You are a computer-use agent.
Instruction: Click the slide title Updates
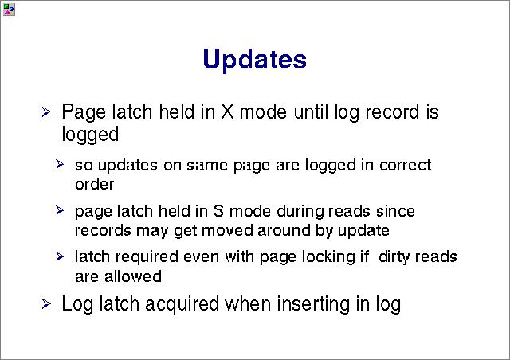pyautogui.click(x=254, y=59)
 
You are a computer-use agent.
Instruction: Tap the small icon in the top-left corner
pyautogui.click(x=8, y=9)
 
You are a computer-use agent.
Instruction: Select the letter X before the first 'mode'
pyautogui.click(x=227, y=112)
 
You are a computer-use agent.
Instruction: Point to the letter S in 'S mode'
pyautogui.click(x=218, y=211)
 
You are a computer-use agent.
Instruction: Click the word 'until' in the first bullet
pyautogui.click(x=311, y=112)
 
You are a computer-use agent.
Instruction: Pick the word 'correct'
pyautogui.click(x=406, y=165)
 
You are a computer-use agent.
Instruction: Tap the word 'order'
pyautogui.click(x=94, y=185)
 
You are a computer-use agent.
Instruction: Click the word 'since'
pyautogui.click(x=395, y=211)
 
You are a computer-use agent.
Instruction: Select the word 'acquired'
pyautogui.click(x=182, y=304)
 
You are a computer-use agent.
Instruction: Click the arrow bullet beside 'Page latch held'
pyautogui.click(x=46, y=112)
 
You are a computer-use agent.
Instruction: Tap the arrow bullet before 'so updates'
pyautogui.click(x=60, y=164)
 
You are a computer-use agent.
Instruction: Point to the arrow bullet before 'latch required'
pyautogui.click(x=60, y=256)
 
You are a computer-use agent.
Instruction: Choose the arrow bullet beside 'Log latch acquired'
pyautogui.click(x=46, y=304)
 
